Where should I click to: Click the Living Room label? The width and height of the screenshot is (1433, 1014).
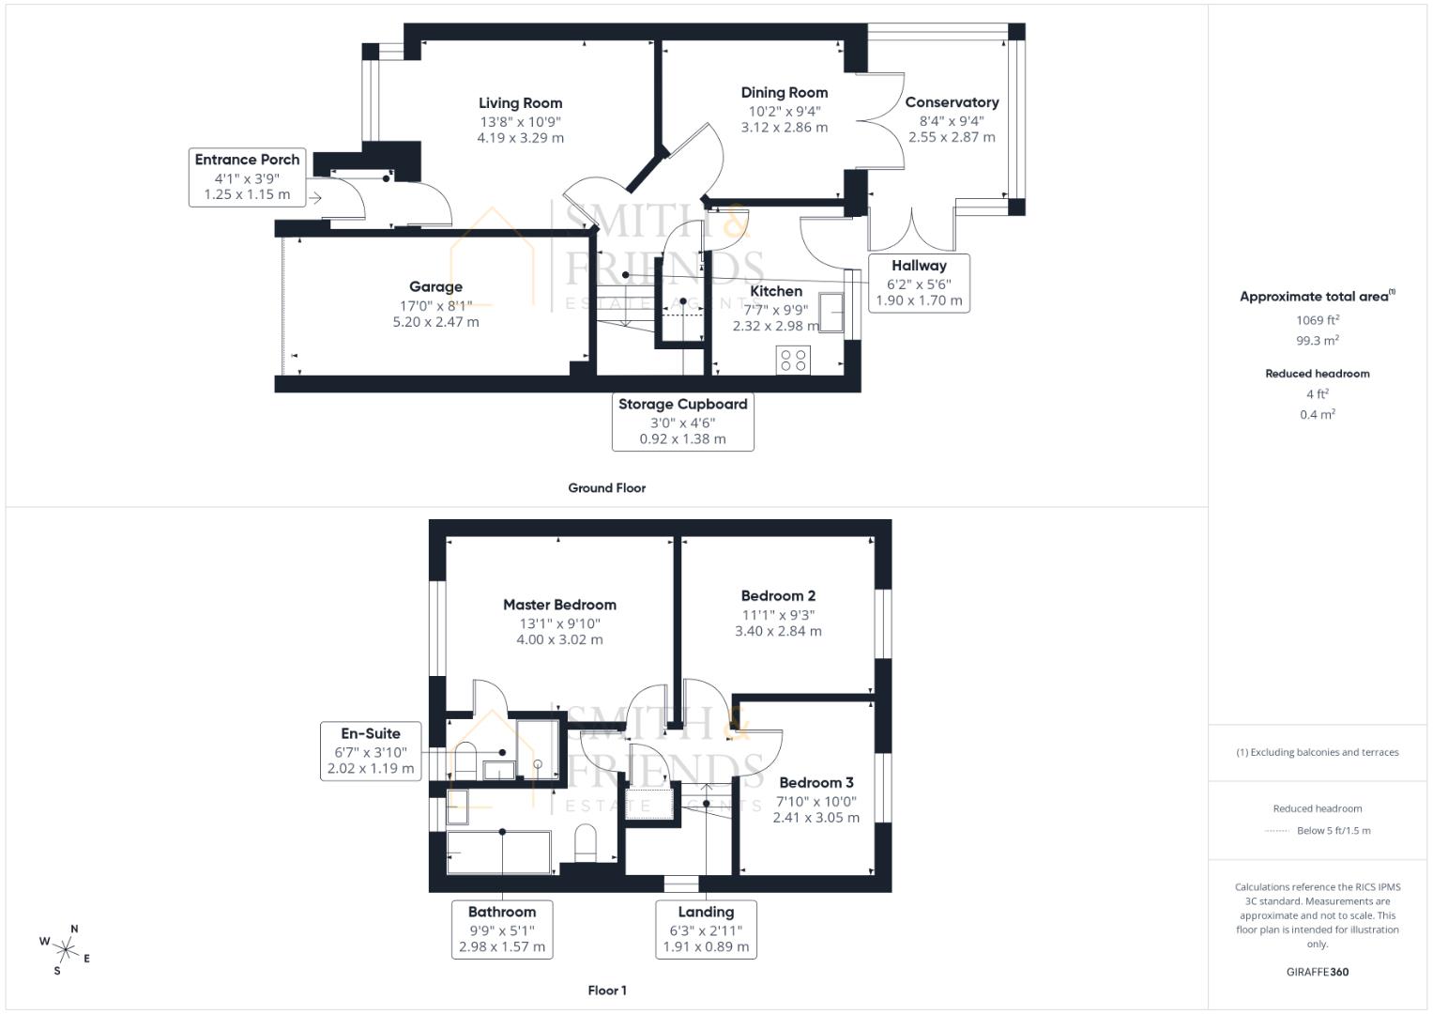[520, 103]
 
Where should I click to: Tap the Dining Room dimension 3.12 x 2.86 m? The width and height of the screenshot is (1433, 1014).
[784, 128]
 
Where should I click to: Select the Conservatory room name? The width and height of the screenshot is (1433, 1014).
[951, 102]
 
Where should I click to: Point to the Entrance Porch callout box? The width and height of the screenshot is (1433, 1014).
[247, 177]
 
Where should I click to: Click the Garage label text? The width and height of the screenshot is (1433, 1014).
[435, 287]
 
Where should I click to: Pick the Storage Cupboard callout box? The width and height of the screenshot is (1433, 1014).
[682, 422]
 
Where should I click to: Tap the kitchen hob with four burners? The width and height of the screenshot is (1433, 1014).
[794, 360]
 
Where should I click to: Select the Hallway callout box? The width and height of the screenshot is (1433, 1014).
[919, 283]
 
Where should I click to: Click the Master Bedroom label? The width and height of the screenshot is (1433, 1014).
[559, 605]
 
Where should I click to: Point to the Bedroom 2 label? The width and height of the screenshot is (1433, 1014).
[778, 595]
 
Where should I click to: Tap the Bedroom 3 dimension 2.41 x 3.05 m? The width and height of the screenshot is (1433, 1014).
[816, 818]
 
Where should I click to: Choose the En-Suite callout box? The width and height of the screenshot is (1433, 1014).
[370, 751]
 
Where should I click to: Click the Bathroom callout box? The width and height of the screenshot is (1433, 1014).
[501, 929]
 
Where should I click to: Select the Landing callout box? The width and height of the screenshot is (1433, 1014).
[706, 929]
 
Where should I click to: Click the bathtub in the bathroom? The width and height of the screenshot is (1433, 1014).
[499, 853]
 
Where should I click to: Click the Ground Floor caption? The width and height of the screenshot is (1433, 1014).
[606, 488]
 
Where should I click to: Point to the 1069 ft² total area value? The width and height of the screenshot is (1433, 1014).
[1317, 320]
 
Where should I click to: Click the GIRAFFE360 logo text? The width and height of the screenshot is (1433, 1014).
[1317, 973]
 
